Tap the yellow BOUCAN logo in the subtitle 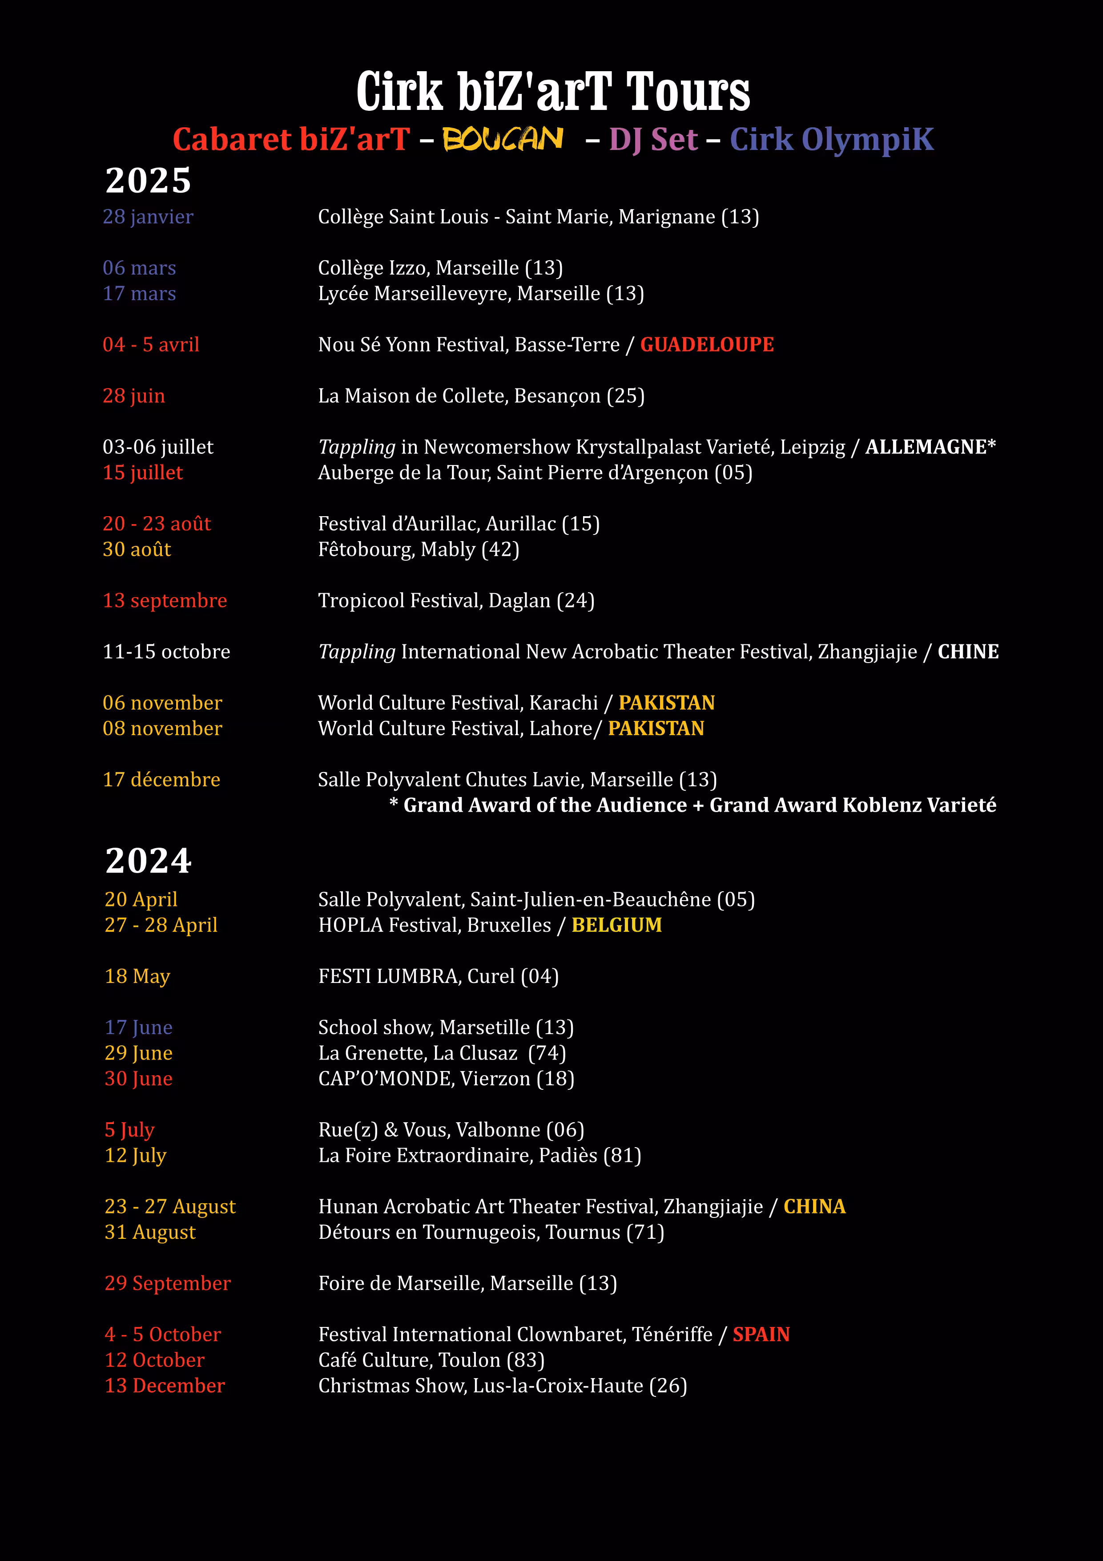point(503,139)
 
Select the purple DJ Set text point(653,139)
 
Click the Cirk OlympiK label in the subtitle point(831,139)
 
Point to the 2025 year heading point(148,180)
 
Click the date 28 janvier point(148,217)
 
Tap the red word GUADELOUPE point(707,345)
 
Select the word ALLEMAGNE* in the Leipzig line point(930,447)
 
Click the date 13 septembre point(165,600)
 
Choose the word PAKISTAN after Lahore point(656,728)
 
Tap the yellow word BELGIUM point(616,925)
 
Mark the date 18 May point(137,976)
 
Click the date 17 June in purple point(139,1027)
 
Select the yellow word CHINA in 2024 point(814,1206)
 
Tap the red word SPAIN point(761,1334)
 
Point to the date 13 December point(165,1386)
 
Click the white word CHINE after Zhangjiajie point(968,651)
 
